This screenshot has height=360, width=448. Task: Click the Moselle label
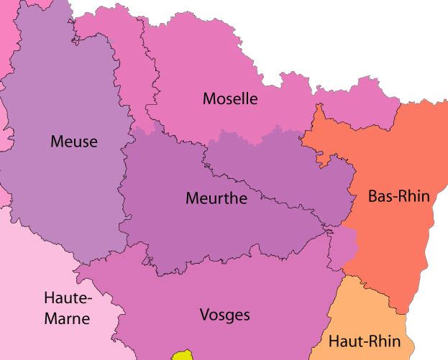click(229, 98)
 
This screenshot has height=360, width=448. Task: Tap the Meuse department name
click(73, 142)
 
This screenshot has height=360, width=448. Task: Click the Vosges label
click(224, 314)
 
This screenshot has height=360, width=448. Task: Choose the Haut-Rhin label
click(364, 341)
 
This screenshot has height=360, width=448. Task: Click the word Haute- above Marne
click(68, 297)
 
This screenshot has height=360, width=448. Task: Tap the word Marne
click(66, 317)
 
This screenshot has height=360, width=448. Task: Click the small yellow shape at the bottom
click(183, 355)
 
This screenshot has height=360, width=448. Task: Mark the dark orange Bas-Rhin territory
click(392, 237)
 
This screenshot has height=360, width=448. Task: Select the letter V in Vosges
click(204, 314)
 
